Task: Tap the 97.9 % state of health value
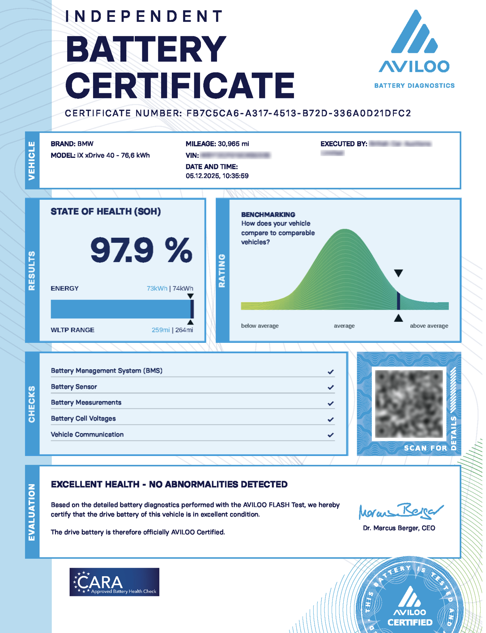click(x=141, y=250)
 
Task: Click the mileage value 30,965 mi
click(x=233, y=144)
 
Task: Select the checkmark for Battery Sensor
click(x=331, y=388)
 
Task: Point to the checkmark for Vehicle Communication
click(x=331, y=435)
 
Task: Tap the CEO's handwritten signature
click(x=400, y=511)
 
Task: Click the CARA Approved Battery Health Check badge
click(x=115, y=582)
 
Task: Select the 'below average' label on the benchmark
click(x=260, y=326)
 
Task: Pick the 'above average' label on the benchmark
click(x=429, y=326)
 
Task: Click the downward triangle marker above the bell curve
click(x=398, y=273)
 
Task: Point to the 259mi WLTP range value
click(x=160, y=330)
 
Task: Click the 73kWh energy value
click(x=157, y=288)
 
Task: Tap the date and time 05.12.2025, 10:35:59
click(x=217, y=176)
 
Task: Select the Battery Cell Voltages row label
click(x=83, y=418)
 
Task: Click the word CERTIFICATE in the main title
click(x=180, y=85)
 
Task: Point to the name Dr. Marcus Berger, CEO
click(x=399, y=528)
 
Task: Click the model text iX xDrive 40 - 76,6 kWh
click(x=113, y=156)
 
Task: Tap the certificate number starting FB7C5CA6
click(x=298, y=113)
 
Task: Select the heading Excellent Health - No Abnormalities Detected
click(x=169, y=484)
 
